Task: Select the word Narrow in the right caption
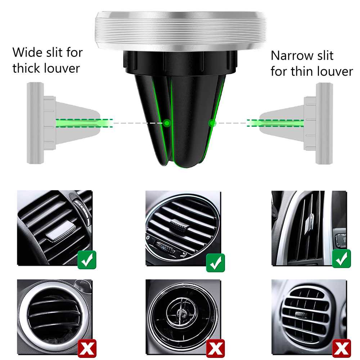(289, 55)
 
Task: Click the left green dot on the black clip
(167, 123)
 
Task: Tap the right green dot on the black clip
(212, 123)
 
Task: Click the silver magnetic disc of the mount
(180, 31)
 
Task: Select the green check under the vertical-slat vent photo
(342, 259)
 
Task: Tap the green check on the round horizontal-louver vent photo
(215, 263)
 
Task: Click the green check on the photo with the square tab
(87, 260)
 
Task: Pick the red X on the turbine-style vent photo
(215, 348)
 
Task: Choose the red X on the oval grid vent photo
(342, 348)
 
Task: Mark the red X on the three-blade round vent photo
(87, 348)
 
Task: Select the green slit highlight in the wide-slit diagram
(84, 123)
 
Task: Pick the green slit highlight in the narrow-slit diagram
(275, 123)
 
